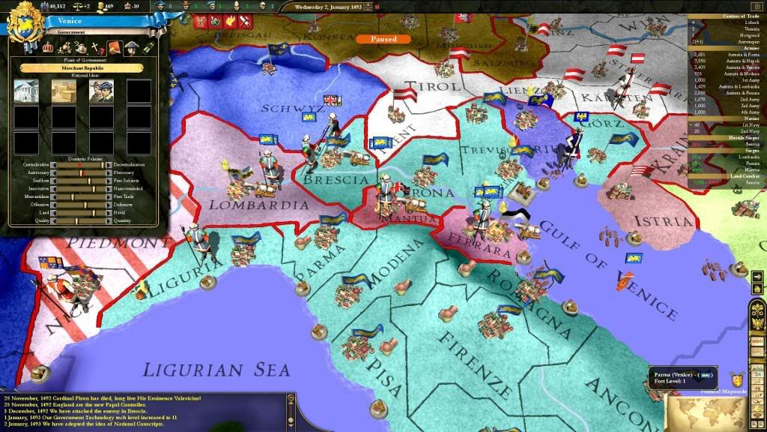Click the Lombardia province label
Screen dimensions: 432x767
pos(249,204)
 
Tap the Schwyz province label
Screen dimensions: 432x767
pos(293,109)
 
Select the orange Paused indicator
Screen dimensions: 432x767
pos(383,39)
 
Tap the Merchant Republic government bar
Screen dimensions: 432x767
pos(82,67)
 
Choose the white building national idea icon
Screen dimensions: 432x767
pos(26,91)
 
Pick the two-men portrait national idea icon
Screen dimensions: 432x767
pos(101,91)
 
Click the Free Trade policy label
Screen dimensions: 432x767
pos(124,196)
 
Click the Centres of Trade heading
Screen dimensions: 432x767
pos(727,16)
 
